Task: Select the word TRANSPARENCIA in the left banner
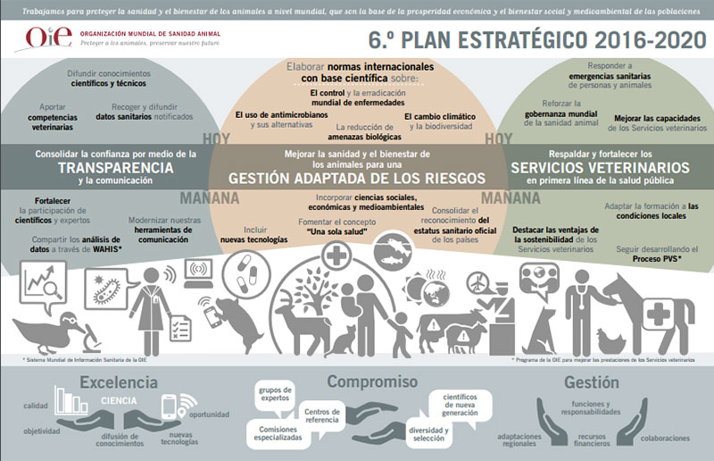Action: [115, 167]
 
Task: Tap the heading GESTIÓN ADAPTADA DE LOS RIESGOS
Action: [357, 178]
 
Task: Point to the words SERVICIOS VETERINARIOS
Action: [600, 167]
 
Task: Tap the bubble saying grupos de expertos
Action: [276, 393]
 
